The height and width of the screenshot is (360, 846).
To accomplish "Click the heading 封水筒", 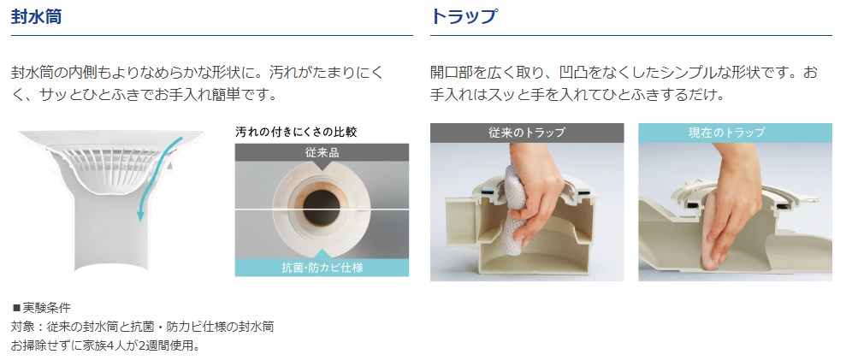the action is point(36,16).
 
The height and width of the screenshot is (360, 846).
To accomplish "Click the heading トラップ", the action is point(464,16).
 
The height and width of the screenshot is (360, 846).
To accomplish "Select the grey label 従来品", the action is point(322,153).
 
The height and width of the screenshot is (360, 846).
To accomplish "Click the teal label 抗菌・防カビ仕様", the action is point(322,267).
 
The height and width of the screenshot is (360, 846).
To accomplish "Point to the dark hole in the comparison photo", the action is point(322,207).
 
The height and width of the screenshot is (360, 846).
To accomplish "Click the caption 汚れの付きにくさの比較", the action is point(296,132).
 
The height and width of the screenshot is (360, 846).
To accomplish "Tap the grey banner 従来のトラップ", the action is point(527,133).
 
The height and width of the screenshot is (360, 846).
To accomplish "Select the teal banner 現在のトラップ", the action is point(735,133).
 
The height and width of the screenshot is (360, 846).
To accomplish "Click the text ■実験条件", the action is point(41,308).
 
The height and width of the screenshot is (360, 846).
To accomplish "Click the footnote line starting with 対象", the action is point(143,327).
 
